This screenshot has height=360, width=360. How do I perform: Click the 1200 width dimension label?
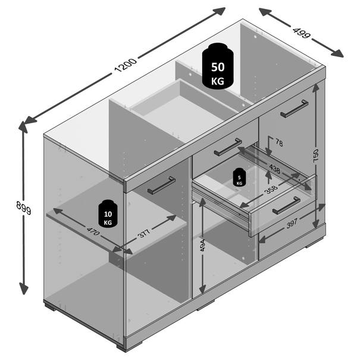click(126, 65)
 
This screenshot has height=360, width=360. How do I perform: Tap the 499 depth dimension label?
click(302, 33)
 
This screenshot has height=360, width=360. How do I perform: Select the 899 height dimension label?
click(24, 208)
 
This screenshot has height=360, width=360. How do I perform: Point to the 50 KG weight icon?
click(218, 66)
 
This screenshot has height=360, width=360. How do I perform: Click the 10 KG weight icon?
click(108, 214)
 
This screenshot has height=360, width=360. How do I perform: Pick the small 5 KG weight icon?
click(239, 177)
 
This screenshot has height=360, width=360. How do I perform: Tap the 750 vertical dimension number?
click(316, 156)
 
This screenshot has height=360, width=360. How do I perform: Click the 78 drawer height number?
click(279, 143)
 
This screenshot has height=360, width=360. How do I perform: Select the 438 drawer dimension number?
click(274, 169)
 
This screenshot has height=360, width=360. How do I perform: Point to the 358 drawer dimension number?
click(271, 190)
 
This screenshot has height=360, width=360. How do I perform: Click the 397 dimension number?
click(292, 223)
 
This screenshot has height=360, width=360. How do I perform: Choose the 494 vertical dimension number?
click(202, 245)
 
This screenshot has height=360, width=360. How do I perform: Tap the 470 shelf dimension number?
click(93, 231)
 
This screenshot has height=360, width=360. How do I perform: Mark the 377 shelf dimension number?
click(144, 233)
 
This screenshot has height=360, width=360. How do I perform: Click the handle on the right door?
click(294, 109)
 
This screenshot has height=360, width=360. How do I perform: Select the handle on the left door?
click(162, 185)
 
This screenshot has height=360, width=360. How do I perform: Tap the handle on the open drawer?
click(286, 205)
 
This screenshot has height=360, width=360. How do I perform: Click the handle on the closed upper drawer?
click(228, 147)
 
